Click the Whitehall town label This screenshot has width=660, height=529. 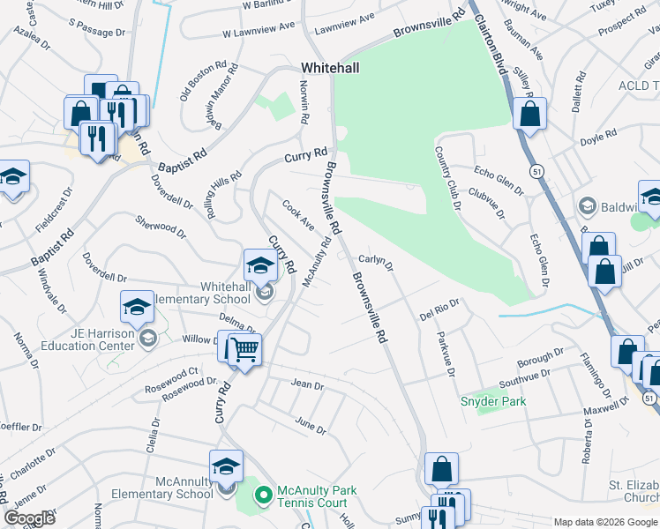329,67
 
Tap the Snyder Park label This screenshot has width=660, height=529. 493,401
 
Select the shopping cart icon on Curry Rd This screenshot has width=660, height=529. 244,350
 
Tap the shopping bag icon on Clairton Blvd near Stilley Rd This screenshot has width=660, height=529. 529,115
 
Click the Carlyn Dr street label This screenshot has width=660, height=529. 375,261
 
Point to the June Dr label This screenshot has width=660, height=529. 310,425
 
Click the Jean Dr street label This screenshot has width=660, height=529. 308,384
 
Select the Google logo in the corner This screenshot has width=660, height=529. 30,518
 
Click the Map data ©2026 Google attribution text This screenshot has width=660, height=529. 605,522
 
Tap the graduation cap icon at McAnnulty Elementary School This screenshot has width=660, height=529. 227,466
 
